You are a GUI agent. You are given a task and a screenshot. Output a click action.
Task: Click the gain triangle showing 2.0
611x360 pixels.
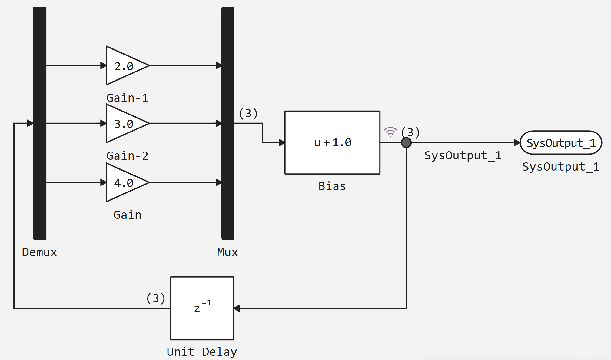pos(124,65)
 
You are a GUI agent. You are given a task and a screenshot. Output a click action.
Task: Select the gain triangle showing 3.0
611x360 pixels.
pos(124,123)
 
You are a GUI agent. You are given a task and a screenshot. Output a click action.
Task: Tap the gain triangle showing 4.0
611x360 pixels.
pos(124,182)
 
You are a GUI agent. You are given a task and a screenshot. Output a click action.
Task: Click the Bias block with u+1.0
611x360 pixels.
pos(332,142)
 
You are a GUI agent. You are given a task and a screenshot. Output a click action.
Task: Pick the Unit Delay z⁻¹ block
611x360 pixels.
pos(202,308)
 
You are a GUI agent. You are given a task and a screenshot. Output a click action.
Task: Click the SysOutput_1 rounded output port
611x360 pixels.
pos(561,142)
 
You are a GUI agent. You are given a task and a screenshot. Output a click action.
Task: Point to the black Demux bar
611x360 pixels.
pos(40,123)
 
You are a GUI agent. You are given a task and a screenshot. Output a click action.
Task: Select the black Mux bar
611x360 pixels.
pos(228,123)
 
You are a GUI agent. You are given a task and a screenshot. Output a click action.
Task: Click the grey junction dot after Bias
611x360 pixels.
pos(406,142)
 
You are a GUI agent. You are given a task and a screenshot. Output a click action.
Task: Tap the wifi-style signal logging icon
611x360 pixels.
pos(390,132)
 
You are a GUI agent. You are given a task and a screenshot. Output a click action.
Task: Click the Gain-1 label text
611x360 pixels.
pos(127,98)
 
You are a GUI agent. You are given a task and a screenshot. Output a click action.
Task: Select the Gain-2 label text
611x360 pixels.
pos(127,156)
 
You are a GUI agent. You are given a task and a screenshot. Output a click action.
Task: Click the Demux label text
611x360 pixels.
pos(39,252)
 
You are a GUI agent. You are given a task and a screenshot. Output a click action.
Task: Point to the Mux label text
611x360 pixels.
pos(227,252)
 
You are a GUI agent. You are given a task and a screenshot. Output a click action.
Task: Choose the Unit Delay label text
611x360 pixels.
pos(202,352)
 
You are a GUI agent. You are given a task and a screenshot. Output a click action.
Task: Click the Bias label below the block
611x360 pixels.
pos(332,186)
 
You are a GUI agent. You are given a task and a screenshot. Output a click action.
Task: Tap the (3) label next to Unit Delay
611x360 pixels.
pos(156,298)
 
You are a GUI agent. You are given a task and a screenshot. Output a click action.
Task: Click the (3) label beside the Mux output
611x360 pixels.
pos(248,113)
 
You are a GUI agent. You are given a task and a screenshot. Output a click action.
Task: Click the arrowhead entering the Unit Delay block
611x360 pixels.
pos(237,308)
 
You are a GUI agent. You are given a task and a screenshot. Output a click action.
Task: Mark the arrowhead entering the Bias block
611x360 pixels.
pos(282,142)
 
